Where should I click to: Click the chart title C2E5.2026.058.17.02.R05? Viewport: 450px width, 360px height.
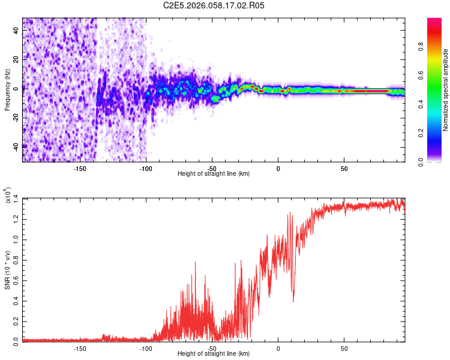[214, 5]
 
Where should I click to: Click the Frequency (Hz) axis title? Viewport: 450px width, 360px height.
[7, 90]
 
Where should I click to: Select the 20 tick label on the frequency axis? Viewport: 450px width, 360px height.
[16, 59]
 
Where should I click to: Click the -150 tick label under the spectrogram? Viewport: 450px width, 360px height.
[80, 169]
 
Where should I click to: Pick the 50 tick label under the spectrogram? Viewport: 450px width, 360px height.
[344, 169]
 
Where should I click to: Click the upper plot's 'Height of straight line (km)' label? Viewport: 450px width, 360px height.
[214, 174]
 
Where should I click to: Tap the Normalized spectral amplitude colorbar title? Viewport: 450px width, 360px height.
[445, 90]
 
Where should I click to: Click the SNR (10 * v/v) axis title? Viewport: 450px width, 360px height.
[7, 270]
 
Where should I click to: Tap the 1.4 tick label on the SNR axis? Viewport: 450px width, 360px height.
[16, 198]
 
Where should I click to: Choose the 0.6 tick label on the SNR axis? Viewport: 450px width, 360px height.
[16, 280]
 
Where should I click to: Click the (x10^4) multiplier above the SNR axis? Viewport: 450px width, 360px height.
[7, 195]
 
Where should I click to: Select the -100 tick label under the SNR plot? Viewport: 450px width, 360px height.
[146, 349]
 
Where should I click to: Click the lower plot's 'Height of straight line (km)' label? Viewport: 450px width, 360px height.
[214, 354]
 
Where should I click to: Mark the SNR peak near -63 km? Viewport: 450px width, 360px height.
[194, 262]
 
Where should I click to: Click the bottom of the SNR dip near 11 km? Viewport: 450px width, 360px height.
[293, 302]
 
